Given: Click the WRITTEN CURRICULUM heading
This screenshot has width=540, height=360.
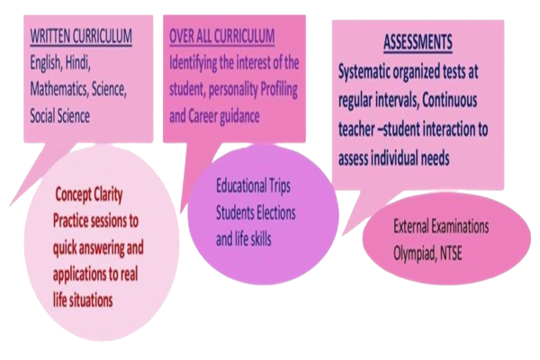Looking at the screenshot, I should tap(82, 37).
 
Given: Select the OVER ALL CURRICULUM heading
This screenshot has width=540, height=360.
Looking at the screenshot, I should tap(220, 37).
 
